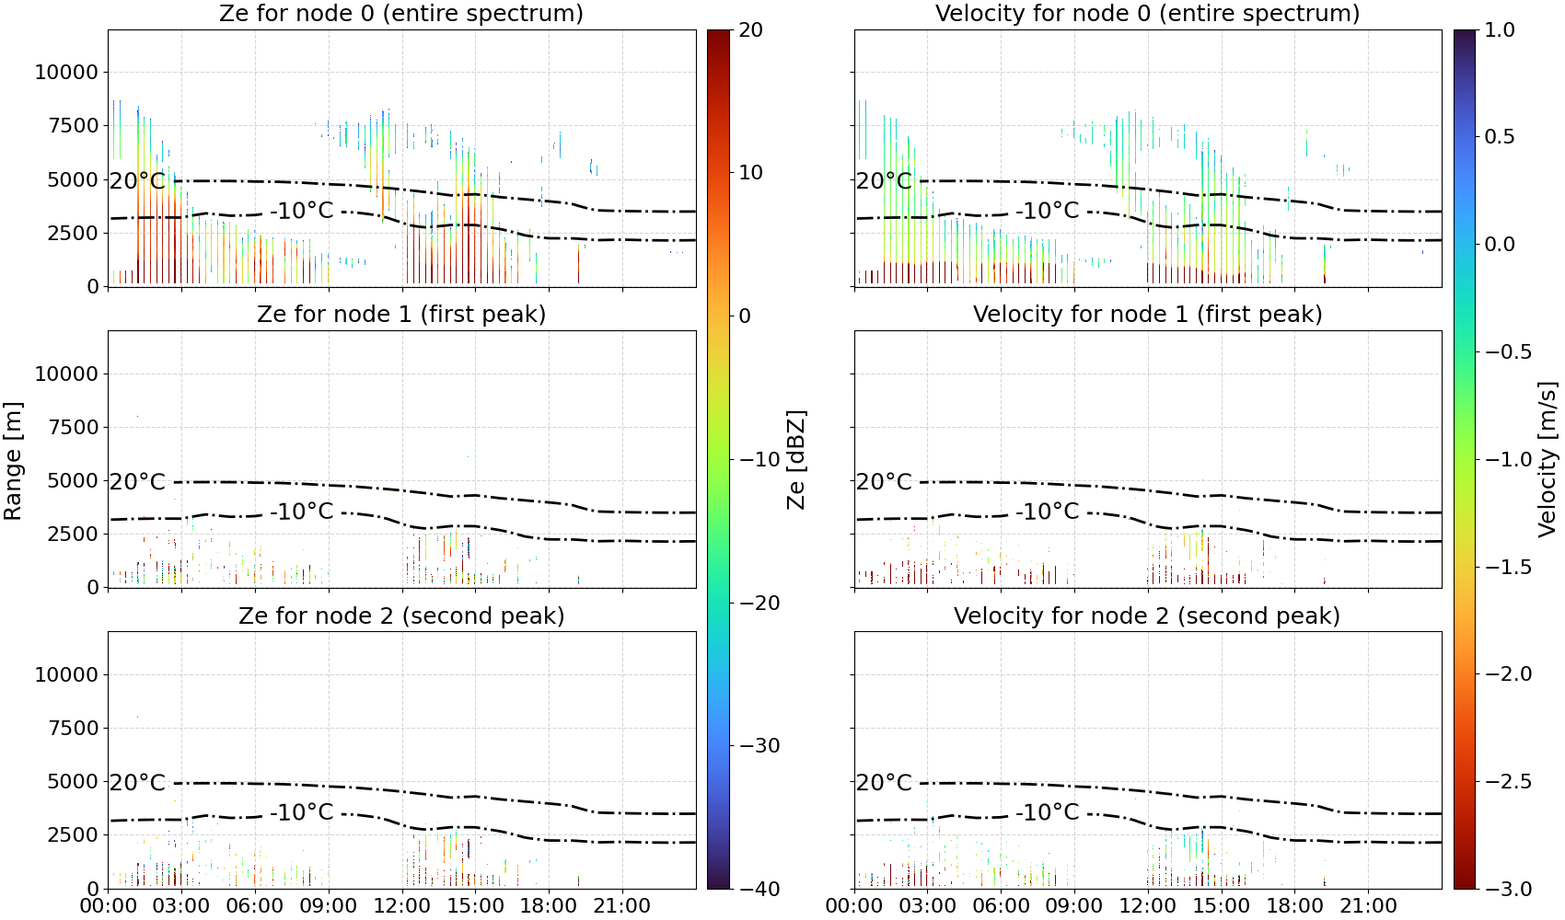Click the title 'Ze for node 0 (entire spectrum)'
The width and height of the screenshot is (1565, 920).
point(401,13)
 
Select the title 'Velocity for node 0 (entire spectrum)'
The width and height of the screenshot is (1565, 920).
point(1147,13)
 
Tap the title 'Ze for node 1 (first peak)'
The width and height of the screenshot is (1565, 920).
point(401,314)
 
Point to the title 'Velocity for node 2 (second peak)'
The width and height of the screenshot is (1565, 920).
point(1147,615)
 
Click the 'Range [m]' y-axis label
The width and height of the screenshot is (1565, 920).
point(13,461)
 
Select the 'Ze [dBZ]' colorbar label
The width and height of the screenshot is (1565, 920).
point(796,459)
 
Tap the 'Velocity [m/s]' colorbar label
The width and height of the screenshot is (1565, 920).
point(1548,459)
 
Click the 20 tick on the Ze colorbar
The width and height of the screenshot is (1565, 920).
point(750,30)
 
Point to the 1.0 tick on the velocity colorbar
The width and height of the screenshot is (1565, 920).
point(1500,30)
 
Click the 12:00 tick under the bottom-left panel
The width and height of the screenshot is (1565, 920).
point(402,906)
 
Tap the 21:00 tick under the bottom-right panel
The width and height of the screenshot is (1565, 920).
point(1368,906)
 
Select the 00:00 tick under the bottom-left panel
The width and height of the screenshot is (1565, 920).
point(109,906)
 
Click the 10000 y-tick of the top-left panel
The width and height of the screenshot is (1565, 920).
point(66,72)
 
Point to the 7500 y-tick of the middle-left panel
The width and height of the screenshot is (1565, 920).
point(73,427)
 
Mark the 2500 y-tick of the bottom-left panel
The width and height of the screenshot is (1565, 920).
point(73,834)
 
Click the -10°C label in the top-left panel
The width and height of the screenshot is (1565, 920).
point(302,210)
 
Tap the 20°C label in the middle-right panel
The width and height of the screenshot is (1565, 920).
point(884,482)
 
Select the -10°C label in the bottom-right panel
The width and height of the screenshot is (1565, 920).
point(1048,812)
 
